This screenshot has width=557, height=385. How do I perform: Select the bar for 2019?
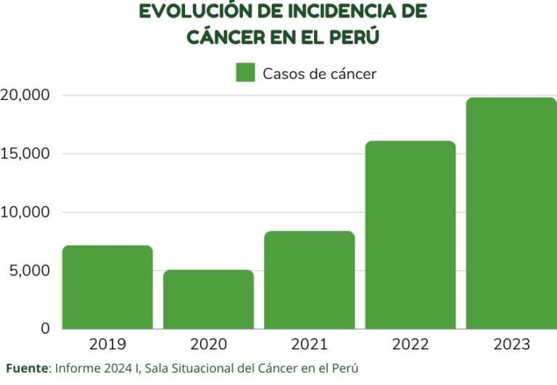107,287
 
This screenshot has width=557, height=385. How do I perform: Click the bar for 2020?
208,299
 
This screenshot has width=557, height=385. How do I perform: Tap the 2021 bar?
309,280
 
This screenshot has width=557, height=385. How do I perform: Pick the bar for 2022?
410,235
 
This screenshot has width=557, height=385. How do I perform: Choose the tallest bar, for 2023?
511,213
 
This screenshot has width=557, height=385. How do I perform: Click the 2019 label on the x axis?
107,344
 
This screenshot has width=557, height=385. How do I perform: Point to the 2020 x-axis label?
208,344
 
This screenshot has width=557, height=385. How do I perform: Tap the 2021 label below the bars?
309,344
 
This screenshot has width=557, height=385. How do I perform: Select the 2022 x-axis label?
410,344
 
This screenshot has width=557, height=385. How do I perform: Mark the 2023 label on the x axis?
511,344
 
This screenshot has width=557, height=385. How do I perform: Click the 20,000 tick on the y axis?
25,95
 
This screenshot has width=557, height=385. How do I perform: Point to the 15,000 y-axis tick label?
25,154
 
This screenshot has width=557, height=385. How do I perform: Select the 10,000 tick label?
25,212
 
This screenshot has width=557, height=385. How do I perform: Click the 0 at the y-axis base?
44,328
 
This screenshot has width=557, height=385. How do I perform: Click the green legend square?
246,73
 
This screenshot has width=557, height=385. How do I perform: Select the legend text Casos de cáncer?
319,73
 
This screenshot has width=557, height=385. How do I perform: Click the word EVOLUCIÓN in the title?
191,12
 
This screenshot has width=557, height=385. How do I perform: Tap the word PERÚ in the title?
354,37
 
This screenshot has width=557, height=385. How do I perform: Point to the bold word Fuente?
27,368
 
